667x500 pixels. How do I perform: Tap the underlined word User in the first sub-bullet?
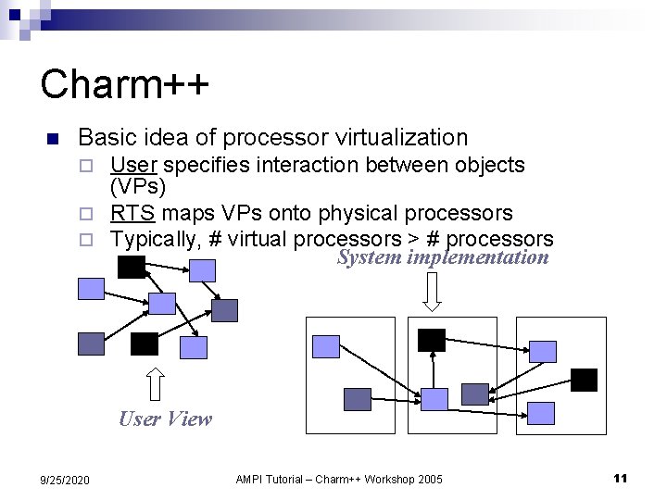pyautogui.click(x=132, y=165)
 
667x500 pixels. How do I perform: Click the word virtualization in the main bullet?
pyautogui.click(x=399, y=138)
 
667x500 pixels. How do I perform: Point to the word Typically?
pyautogui.click(x=154, y=238)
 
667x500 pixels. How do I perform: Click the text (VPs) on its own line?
pyautogui.click(x=138, y=187)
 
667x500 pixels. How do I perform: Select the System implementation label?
pyautogui.click(x=443, y=257)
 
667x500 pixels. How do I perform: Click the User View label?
pyautogui.click(x=165, y=419)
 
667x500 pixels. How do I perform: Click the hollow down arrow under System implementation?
pyautogui.click(x=434, y=291)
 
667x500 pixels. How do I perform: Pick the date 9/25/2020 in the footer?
pyautogui.click(x=65, y=479)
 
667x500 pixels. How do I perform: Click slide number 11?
pyautogui.click(x=620, y=478)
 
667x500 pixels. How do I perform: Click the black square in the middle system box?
pyautogui.click(x=431, y=340)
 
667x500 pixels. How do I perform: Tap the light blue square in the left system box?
pyautogui.click(x=327, y=347)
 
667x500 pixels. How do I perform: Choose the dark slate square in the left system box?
pyautogui.click(x=357, y=399)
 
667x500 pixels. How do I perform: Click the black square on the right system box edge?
pyautogui.click(x=584, y=380)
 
